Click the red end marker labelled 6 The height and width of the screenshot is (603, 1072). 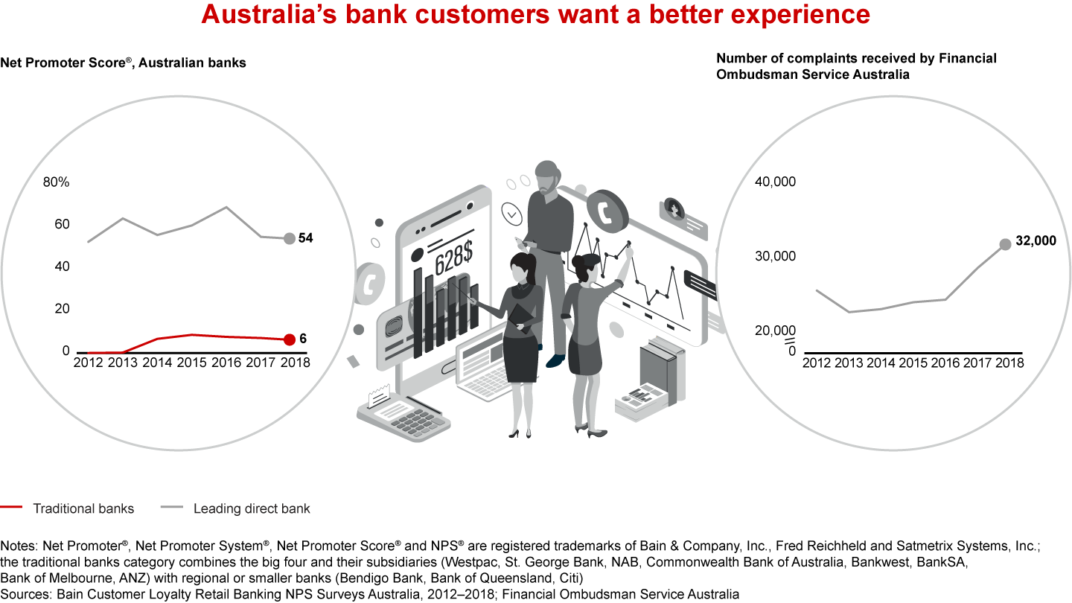click(289, 339)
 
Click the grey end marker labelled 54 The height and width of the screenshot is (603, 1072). click(289, 238)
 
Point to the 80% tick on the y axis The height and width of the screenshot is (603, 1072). click(56, 182)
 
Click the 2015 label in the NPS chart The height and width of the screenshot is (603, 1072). click(193, 363)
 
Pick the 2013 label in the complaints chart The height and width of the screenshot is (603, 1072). click(849, 363)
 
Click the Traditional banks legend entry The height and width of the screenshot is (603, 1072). click(83, 509)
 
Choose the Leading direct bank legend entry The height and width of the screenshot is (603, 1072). click(252, 509)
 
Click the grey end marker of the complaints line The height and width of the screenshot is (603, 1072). click(1005, 243)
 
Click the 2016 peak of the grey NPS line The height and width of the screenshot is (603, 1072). click(226, 207)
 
